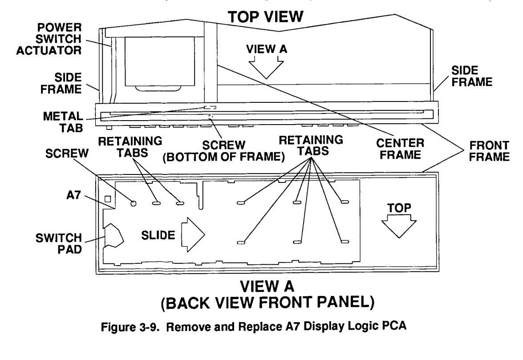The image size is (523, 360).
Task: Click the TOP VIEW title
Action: click(x=266, y=17)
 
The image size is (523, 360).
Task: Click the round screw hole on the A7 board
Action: click(x=133, y=203)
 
